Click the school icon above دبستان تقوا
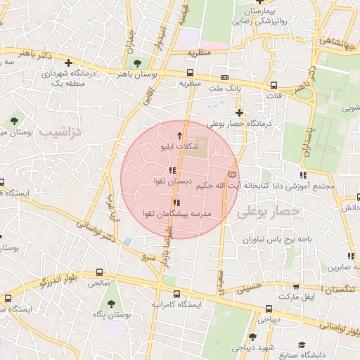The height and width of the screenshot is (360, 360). click(x=173, y=171)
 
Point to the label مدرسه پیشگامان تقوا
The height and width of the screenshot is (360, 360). click(x=181, y=213)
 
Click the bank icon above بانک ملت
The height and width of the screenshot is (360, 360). click(x=224, y=77)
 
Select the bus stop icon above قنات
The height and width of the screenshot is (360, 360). click(x=274, y=84)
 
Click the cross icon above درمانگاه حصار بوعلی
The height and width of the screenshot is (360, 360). click(x=240, y=112)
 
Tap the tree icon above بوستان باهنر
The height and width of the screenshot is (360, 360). click(x=146, y=63)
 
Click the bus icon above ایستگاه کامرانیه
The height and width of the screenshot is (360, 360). click(x=176, y=294)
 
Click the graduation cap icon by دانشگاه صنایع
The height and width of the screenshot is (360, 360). click(x=302, y=345)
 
